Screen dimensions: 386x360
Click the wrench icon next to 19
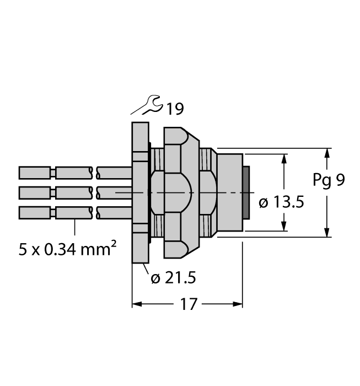click(148, 105)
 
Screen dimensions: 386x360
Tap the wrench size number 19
click(175, 109)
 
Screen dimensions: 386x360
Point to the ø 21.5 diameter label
click(173, 278)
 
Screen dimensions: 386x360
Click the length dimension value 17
click(189, 304)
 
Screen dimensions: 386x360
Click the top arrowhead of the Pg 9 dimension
click(328, 153)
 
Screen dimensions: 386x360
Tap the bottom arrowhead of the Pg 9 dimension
click(328, 232)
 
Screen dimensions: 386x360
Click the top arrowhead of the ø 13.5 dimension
click(284, 158)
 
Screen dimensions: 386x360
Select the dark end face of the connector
click(246, 192)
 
